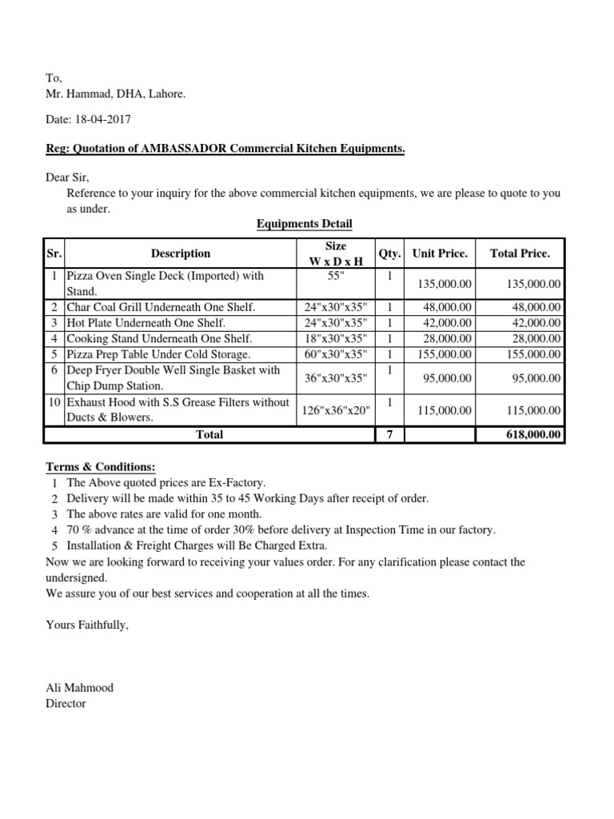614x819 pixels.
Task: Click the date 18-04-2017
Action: (x=102, y=120)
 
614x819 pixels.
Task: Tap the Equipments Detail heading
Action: (x=304, y=224)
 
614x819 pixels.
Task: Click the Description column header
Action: (x=181, y=254)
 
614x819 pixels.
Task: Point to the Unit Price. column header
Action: (x=439, y=254)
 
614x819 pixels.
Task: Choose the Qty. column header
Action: (x=389, y=254)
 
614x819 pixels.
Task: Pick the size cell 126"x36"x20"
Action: (x=335, y=410)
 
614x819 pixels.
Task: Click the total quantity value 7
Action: (x=389, y=435)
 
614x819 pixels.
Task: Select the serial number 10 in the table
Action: (x=53, y=402)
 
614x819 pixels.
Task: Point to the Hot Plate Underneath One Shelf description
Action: (x=146, y=323)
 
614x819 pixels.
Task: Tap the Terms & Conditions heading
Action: (x=101, y=467)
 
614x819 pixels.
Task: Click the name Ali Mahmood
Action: (x=80, y=688)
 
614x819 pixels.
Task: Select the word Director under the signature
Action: (x=66, y=704)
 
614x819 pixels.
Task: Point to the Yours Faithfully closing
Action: (x=87, y=625)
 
